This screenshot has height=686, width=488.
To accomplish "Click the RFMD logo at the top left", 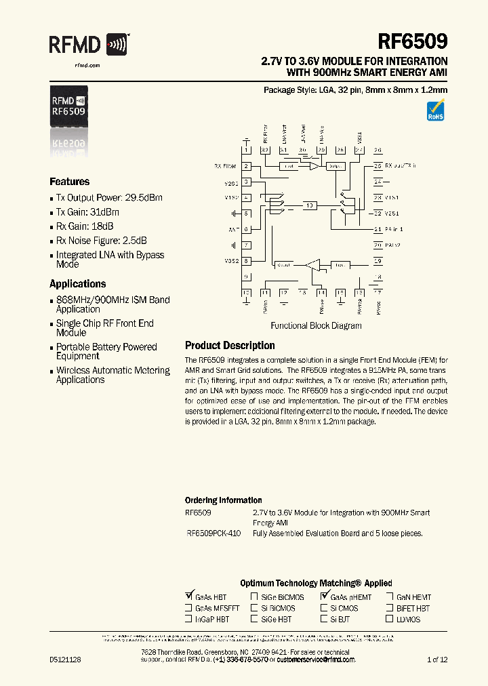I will coord(88,45).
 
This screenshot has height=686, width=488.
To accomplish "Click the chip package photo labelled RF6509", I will coord(68,106).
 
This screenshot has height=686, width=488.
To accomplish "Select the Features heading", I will coord(70,182).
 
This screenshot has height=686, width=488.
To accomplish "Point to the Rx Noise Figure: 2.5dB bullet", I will coord(102,241).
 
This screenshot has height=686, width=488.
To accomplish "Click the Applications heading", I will coord(77,284).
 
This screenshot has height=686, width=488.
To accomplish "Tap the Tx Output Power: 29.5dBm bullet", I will coord(109,197).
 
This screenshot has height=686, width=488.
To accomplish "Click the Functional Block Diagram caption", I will coord(316,325).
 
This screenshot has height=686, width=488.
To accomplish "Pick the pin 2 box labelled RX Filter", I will coord(247,166).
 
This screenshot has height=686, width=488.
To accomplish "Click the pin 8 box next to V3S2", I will coord(247,261).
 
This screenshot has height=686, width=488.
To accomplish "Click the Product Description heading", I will coord(230,346).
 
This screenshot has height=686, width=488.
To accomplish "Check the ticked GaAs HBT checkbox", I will coord(188,597).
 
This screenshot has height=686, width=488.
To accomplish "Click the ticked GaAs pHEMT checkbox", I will coord(324,597).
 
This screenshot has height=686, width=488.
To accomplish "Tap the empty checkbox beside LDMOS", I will coord(390,619).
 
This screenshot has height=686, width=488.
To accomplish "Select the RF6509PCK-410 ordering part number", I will coord(213,533).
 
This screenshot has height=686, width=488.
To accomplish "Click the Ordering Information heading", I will coord(223,500).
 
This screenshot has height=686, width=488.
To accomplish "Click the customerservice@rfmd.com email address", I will coord(311,660).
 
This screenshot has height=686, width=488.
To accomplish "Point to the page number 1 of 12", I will coord(437,660).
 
